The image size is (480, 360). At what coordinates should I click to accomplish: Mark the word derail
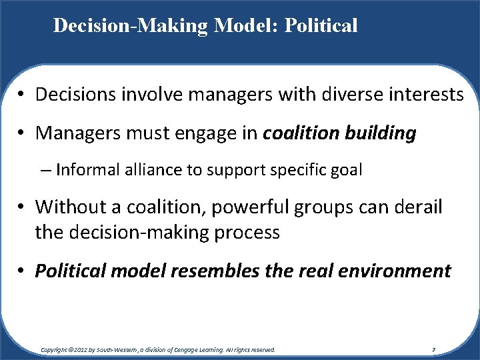417,207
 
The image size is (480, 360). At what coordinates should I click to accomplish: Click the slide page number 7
435,349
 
